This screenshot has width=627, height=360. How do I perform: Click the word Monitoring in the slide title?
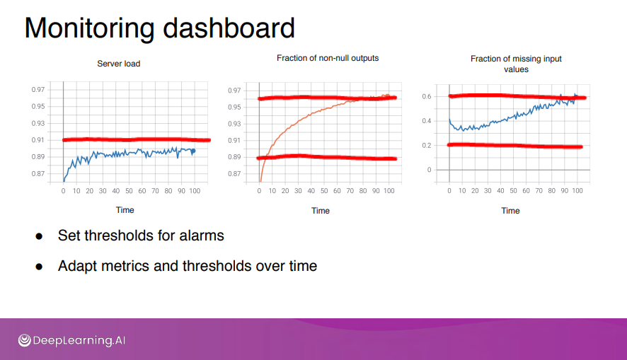tap(89, 29)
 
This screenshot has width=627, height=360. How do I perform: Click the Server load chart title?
tap(119, 64)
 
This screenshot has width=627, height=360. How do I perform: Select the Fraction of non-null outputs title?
tap(328, 58)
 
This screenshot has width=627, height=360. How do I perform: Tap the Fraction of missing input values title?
tap(516, 64)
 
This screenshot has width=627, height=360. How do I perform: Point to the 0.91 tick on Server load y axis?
tap(38, 140)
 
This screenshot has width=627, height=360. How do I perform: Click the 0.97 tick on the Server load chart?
tap(38, 90)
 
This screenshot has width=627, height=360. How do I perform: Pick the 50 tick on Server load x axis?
tap(129, 191)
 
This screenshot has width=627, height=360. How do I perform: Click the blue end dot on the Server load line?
tap(193, 151)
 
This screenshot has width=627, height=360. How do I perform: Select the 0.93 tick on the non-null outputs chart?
tap(234, 124)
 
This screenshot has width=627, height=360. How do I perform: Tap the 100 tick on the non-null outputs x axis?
tap(389, 191)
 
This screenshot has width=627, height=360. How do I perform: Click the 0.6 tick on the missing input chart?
tap(427, 96)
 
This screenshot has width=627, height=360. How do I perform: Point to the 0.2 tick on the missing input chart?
tap(427, 146)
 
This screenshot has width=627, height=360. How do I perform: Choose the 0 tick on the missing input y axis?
tap(429, 170)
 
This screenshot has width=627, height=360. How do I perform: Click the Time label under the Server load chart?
tap(125, 210)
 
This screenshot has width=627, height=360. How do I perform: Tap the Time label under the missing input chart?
tap(511, 211)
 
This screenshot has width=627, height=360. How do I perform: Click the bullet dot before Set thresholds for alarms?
tap(39, 236)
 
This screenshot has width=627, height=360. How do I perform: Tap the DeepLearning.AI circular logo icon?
tap(24, 340)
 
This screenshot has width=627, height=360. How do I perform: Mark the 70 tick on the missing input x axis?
tap(539, 191)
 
